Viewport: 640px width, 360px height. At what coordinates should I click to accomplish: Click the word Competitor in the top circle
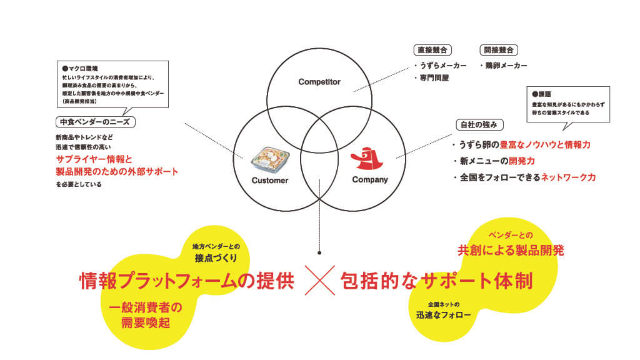[319, 82]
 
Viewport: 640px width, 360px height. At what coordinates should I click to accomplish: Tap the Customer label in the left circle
[270, 180]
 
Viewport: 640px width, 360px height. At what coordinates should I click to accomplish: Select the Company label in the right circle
[370, 180]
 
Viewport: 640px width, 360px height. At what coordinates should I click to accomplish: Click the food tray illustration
[269, 157]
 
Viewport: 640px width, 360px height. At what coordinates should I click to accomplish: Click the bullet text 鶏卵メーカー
[505, 65]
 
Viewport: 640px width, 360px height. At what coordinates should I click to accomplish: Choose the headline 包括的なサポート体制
[436, 281]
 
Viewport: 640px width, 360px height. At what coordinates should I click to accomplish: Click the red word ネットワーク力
[567, 177]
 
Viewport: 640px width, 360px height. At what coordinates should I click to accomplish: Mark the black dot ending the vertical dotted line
[319, 253]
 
